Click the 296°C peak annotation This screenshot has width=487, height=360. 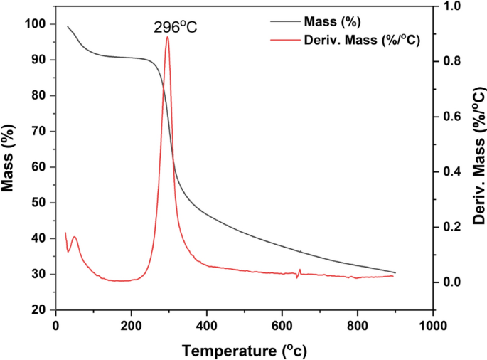(x=175, y=28)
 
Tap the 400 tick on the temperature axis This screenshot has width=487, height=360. (x=207, y=325)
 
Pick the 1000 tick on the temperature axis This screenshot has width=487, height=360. (x=432, y=325)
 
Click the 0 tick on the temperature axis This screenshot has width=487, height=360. (x=55, y=325)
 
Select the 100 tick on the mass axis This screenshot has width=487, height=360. (x=35, y=24)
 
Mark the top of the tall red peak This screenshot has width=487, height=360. (x=167, y=37)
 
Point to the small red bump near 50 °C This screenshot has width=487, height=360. (x=74, y=237)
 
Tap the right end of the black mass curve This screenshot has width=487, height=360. (x=395, y=272)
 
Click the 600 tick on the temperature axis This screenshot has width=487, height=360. (x=282, y=325)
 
